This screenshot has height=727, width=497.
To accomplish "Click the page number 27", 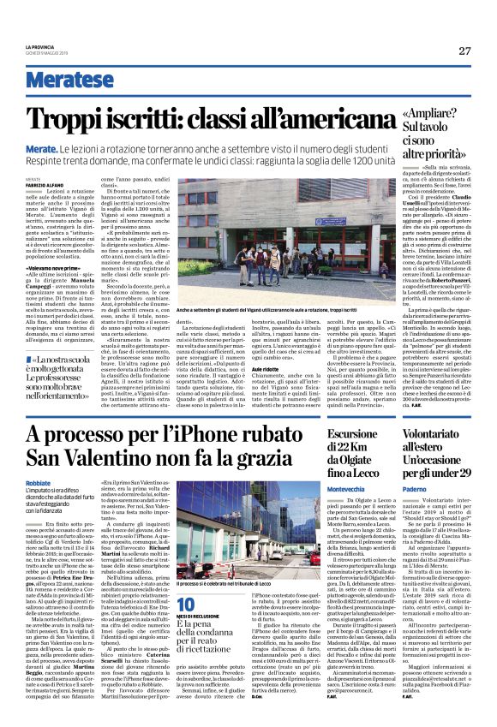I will point(464,51).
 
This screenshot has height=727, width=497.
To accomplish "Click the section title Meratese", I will point(69,80).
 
